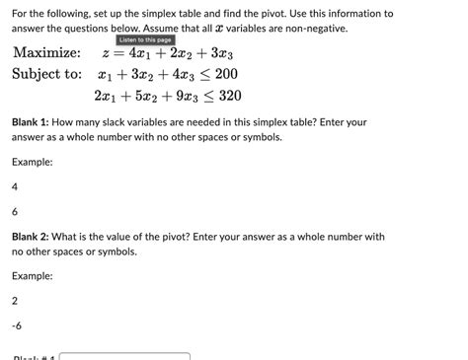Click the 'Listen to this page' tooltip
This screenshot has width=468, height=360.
click(x=145, y=39)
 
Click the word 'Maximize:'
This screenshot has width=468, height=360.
click(x=45, y=52)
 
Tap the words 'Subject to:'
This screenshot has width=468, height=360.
click(x=46, y=74)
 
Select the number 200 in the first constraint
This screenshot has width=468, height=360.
click(x=225, y=74)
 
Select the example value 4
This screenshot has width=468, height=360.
click(x=15, y=185)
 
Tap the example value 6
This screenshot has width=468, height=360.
click(x=15, y=211)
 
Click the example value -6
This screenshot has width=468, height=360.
click(x=17, y=324)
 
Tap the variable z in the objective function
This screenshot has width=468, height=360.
click(x=106, y=52)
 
